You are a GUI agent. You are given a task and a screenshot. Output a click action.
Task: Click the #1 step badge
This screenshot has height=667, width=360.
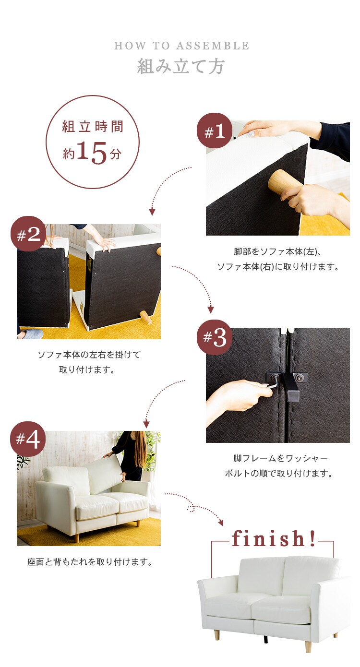pos(215,131)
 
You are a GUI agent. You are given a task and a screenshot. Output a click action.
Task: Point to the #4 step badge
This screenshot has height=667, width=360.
pos(28,439)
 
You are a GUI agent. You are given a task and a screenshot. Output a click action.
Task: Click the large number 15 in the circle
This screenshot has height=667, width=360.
pos(92,153)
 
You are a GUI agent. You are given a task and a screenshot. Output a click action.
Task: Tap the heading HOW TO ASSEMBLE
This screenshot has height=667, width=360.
pos(181,46)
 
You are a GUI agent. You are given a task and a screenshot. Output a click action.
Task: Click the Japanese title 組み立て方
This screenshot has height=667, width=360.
pos(180,66)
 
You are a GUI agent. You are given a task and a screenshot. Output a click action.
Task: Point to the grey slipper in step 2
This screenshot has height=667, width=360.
pos(30,334)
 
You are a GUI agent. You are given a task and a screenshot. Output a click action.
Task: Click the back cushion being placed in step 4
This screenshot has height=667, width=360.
pos(104,475)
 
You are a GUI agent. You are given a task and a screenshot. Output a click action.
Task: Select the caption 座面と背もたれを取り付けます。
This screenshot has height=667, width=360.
pos(90,562)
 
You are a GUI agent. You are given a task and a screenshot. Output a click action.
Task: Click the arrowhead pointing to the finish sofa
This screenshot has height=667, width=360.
pos(221,523)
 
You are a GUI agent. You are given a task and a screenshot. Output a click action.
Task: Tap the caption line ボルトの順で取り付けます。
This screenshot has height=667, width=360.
pos(279,473)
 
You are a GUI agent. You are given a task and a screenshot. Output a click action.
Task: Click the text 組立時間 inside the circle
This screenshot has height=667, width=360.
pos(93,127)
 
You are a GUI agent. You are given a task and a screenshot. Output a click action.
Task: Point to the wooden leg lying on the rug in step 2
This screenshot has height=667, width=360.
pos(146,317)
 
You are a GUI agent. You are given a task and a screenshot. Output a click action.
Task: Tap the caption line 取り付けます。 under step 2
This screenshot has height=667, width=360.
pos(87,369)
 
